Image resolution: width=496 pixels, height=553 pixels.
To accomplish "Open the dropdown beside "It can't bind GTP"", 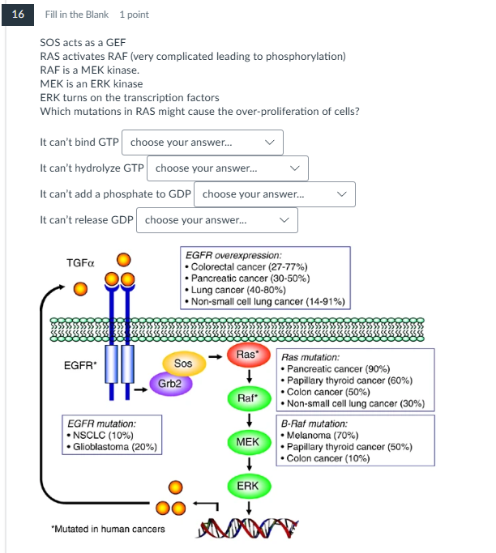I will pos(203,143).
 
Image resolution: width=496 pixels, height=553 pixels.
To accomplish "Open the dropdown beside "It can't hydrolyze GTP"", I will pos(228,168).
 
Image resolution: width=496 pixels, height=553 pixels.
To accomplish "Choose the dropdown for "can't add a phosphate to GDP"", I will pos(275,194).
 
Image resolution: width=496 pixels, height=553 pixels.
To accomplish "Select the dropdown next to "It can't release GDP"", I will pos(217,220).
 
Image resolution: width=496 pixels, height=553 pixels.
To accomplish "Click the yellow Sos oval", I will pos(184,364).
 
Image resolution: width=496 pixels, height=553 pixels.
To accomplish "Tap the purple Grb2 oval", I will pos(170,383).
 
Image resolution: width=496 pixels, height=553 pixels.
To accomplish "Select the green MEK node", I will pos(248,442).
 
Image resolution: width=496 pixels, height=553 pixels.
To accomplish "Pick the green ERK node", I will pos(248,485).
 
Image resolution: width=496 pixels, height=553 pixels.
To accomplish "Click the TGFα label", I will pos(80,264).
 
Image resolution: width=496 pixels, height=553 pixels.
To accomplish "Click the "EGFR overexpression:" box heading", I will pos(233,255).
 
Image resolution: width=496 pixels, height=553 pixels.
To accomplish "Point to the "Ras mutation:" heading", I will pos(310,356).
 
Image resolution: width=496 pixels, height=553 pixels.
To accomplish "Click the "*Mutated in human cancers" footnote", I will pos(107,529).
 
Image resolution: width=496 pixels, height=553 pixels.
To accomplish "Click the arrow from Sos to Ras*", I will pos(215,355).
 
